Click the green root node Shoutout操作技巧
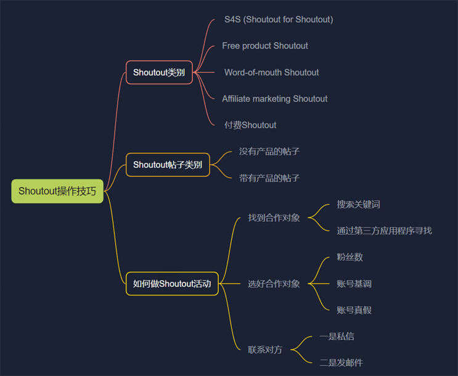tap(57, 191)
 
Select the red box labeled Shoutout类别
tap(159, 73)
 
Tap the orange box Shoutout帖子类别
tap(168, 165)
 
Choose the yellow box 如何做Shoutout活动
tap(172, 284)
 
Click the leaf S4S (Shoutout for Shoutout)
tap(279, 20)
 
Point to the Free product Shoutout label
tap(265, 46)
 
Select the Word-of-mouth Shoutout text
tap(272, 73)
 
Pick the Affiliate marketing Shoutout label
tap(275, 99)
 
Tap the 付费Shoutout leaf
tap(250, 125)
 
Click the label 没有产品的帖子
tap(269, 152)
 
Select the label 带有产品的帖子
tap(269, 178)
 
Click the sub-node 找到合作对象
tap(274, 218)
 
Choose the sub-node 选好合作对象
tap(274, 284)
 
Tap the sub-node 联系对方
tap(265, 349)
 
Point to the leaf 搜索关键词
tap(358, 204)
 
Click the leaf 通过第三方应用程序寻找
tap(384, 231)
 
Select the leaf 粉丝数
tap(350, 257)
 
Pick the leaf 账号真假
tap(354, 310)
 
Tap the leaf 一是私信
tap(337, 337)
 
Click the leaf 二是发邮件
tap(341, 363)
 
